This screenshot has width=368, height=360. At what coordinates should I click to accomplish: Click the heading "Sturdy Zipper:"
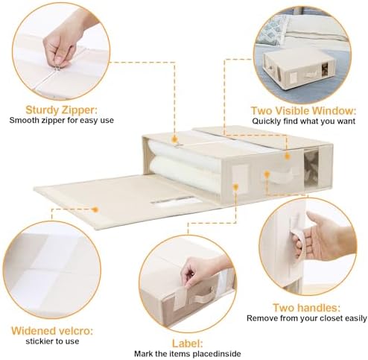point(61,110)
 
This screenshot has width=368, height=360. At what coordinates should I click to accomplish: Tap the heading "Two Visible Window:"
point(303,110)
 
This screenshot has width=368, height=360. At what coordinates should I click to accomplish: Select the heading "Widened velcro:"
point(52,331)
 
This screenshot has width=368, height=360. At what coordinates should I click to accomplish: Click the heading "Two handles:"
point(306,308)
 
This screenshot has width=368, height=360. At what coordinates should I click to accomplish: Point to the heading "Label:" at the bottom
point(188,344)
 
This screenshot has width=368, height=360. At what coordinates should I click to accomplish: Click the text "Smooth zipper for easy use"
point(62,120)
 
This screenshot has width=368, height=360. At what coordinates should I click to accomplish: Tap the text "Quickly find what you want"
point(304,121)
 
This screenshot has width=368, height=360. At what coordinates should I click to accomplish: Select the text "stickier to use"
point(52,341)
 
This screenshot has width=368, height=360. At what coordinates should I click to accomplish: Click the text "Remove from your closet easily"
point(307,318)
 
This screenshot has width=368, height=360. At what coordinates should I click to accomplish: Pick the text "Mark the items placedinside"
point(188,353)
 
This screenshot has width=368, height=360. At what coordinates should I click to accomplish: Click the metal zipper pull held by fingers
point(57,68)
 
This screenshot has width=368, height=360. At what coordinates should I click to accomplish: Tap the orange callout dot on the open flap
point(95,209)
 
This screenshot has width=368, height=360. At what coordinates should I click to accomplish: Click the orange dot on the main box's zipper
point(174,139)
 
